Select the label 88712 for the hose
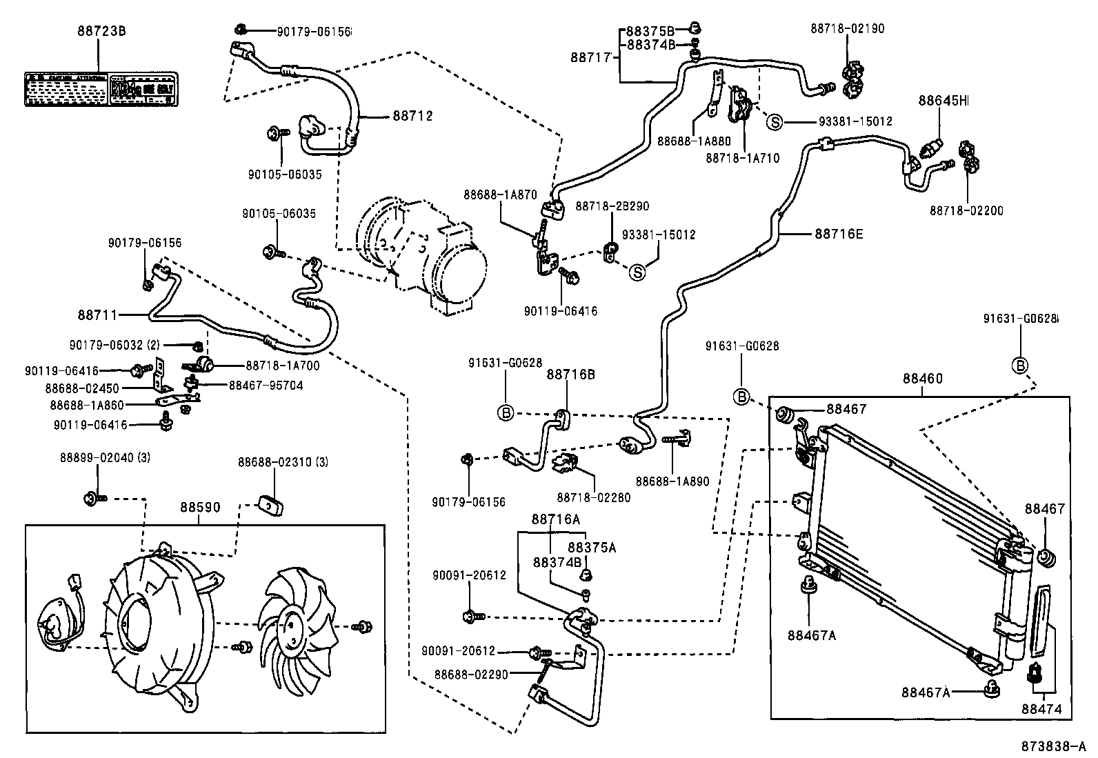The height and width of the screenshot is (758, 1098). click(x=412, y=116)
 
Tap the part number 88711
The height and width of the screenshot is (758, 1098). click(x=97, y=315)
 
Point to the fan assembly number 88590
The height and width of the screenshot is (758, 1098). click(x=200, y=508)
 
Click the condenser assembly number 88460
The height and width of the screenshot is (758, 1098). click(x=922, y=379)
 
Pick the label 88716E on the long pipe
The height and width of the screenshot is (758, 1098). click(x=839, y=234)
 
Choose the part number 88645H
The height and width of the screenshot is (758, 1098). click(x=943, y=101)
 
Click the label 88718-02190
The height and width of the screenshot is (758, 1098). click(x=848, y=29)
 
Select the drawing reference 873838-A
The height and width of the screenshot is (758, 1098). click(x=1054, y=746)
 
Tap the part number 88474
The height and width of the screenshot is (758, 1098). click(x=1041, y=708)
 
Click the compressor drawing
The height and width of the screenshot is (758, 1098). click(x=421, y=255)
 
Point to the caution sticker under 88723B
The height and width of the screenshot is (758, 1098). click(x=101, y=90)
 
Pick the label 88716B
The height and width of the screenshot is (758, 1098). click(x=570, y=375)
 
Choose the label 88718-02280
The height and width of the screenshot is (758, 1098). click(x=593, y=497)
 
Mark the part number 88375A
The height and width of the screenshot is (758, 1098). click(x=592, y=547)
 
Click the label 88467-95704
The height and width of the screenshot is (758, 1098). click(x=266, y=386)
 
